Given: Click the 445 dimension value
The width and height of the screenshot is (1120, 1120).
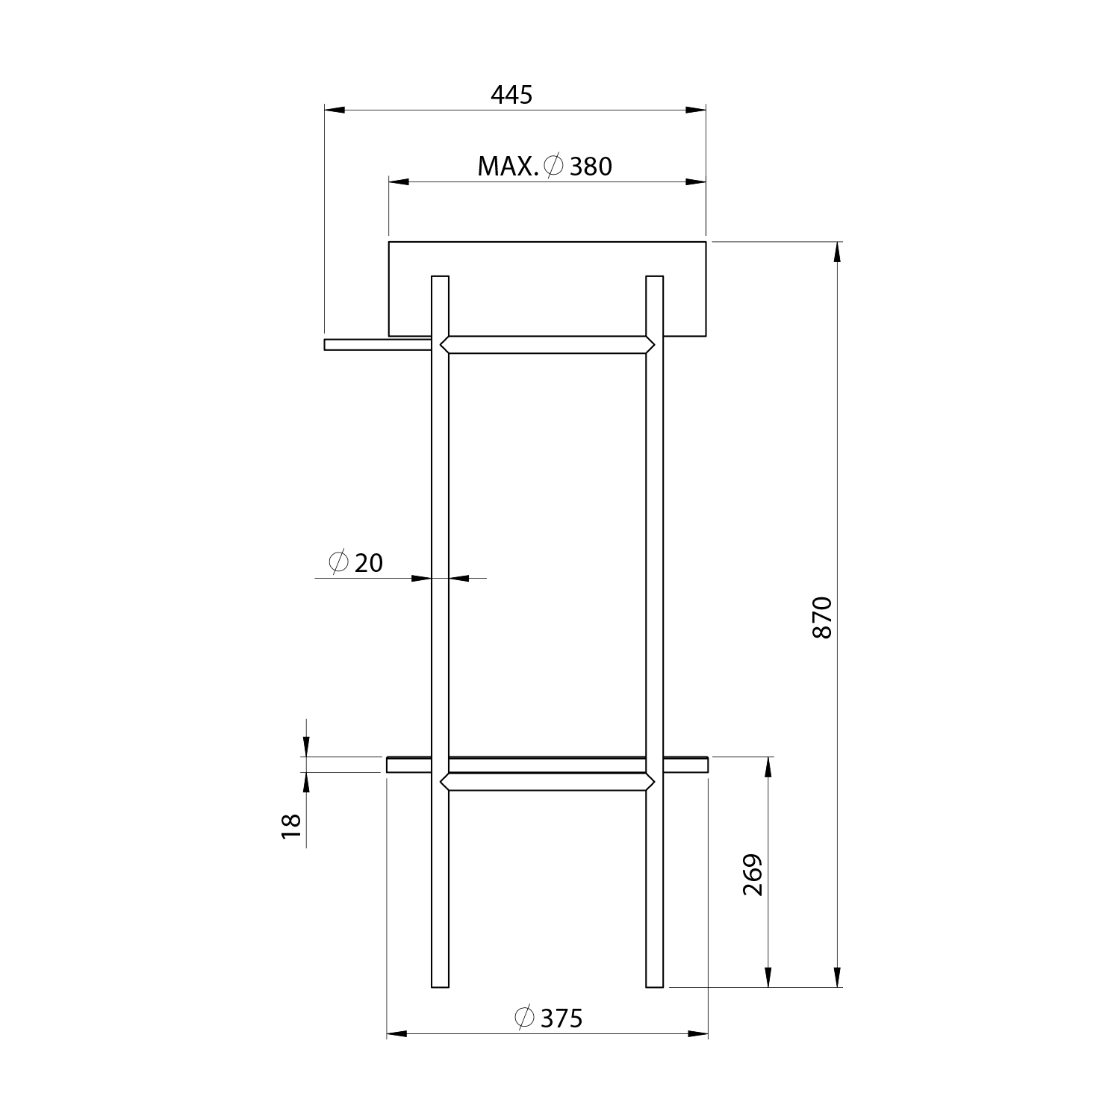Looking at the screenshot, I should coord(511,95).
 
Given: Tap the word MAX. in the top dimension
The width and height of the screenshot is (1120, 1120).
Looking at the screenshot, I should coord(508,167).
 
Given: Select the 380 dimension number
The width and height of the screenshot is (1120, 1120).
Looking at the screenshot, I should coord(591,167).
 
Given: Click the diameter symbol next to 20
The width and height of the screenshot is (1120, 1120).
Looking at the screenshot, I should coord(337,561).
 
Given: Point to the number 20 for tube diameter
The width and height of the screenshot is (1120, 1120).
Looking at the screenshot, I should coord(369,562).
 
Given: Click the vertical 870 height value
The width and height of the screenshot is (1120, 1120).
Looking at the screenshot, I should coord(821,617).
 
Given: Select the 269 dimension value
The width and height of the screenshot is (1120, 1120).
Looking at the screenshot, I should coord(753,874).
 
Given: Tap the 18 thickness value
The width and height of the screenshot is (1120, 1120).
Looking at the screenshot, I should coord(291,825).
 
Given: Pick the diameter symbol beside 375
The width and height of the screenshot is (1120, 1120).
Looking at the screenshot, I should coord(525,1017).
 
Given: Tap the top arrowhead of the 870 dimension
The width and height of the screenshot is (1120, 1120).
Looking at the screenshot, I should coord(837,252).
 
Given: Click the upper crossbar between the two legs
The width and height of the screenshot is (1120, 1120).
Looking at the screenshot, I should coord(547,345).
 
